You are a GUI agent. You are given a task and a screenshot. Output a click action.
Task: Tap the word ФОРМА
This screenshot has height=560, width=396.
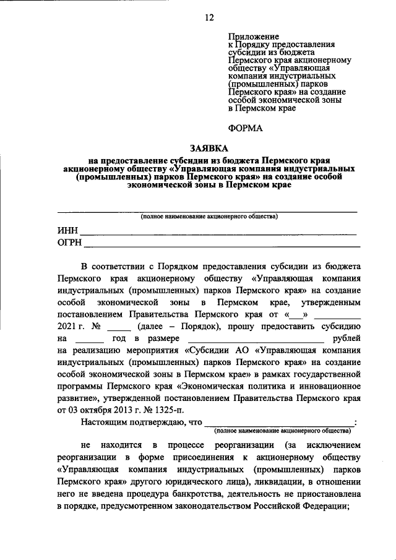246,128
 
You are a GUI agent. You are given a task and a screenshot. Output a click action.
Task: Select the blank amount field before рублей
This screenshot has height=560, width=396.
255,340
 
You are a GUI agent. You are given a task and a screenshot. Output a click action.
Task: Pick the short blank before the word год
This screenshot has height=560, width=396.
92,340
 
